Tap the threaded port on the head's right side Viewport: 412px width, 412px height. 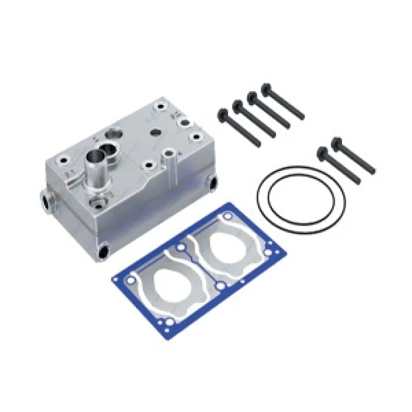(211, 181)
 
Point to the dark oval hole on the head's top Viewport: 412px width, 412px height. (154, 132)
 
